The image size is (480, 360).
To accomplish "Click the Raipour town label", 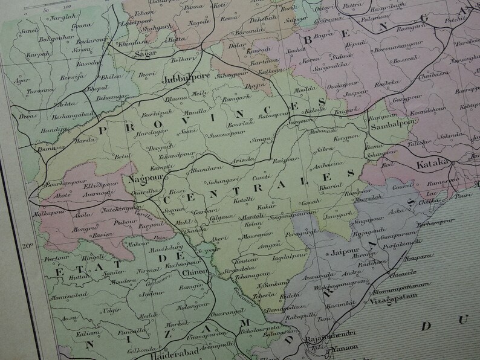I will pos(276,161).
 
